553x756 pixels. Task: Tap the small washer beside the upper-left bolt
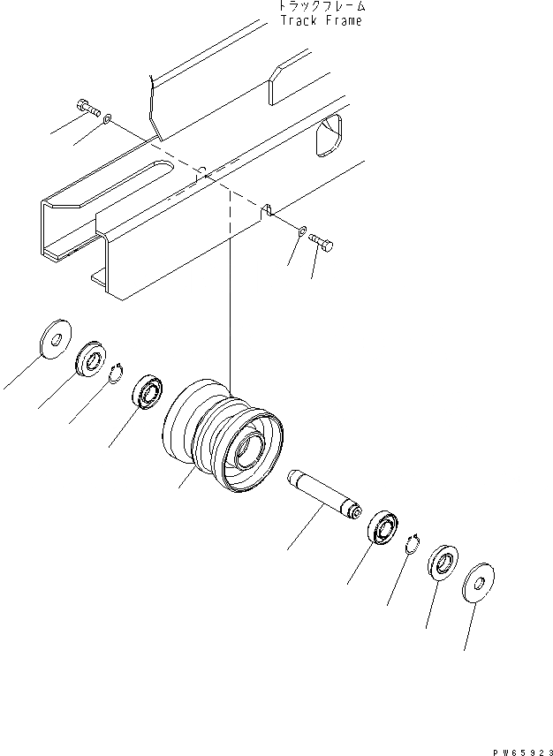(108, 118)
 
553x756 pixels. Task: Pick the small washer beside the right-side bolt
(302, 231)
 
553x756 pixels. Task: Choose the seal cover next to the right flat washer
(442, 561)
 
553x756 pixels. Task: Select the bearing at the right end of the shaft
(383, 527)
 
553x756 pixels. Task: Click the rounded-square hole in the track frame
(330, 135)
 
